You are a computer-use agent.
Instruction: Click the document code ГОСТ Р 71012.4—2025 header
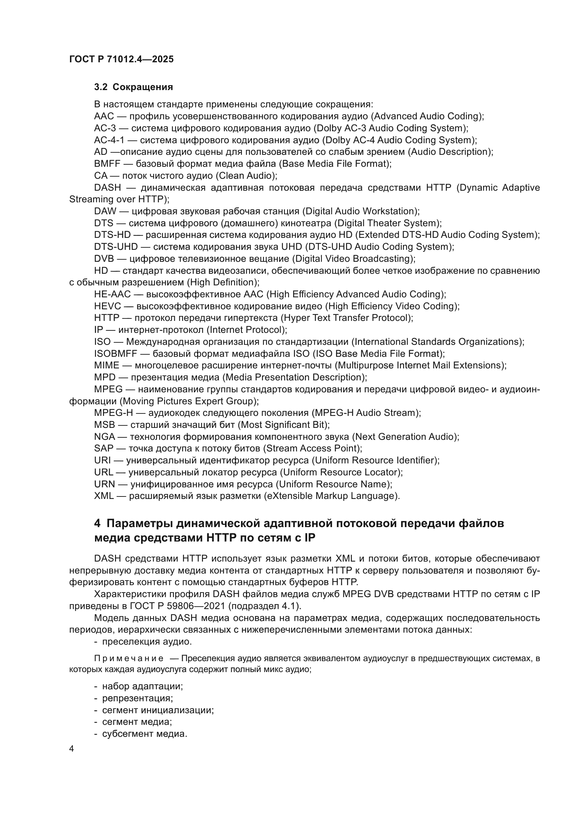(x=121, y=59)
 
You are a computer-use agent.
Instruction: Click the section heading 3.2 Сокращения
(x=133, y=87)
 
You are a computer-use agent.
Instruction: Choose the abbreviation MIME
(x=106, y=366)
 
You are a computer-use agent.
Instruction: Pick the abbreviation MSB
(x=104, y=425)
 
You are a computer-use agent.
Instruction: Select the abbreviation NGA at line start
(x=104, y=437)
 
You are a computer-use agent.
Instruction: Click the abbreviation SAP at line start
(x=103, y=448)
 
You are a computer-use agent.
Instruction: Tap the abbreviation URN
(x=104, y=484)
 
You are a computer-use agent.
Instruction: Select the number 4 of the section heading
(x=97, y=524)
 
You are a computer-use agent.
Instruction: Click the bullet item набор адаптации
(x=142, y=686)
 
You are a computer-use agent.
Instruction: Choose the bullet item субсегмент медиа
(x=144, y=734)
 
